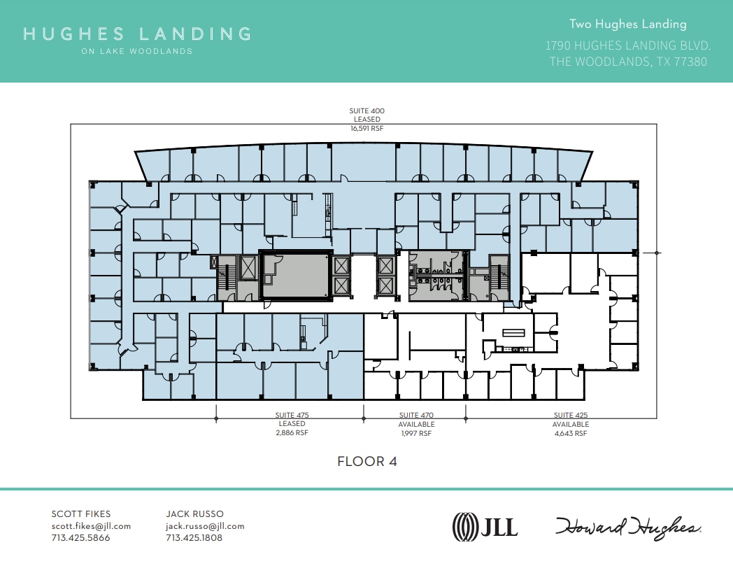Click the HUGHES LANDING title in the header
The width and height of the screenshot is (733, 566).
(137, 34)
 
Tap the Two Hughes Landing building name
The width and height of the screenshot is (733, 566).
(627, 24)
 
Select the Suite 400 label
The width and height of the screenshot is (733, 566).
(366, 111)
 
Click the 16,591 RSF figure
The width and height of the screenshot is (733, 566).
(366, 129)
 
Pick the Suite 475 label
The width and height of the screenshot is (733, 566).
(292, 415)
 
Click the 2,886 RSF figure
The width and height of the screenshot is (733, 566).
(292, 433)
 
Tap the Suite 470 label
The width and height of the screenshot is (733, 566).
(417, 415)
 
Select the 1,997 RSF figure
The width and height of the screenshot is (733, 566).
(417, 433)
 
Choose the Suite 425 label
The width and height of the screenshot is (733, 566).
(570, 415)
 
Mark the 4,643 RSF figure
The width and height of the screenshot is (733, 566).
(570, 433)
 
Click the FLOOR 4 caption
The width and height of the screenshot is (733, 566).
(366, 462)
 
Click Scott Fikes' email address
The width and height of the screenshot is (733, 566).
(91, 526)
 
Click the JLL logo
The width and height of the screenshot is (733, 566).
(485, 525)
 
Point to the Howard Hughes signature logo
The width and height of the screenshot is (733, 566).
(629, 526)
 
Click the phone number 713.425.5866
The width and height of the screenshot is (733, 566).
(80, 538)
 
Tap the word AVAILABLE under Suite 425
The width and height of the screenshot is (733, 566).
(570, 424)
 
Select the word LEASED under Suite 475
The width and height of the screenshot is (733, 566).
(292, 424)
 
